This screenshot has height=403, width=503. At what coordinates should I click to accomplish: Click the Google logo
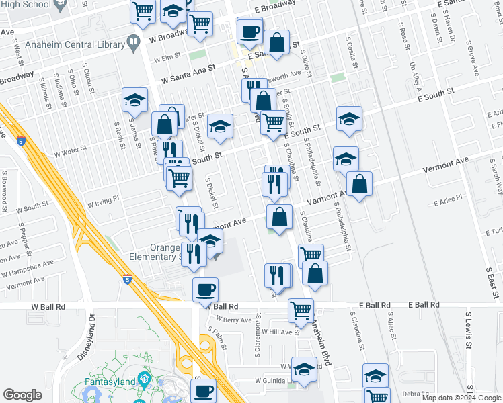tap(22, 395)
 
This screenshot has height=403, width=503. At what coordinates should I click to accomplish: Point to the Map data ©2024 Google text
tap(461, 398)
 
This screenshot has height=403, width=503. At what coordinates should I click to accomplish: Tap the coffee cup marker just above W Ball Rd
tap(205, 289)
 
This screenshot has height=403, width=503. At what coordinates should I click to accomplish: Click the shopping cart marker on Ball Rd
tap(301, 310)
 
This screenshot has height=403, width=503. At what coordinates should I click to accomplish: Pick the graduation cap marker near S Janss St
tap(134, 101)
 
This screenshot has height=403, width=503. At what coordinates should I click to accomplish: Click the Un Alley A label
tap(416, 77)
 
